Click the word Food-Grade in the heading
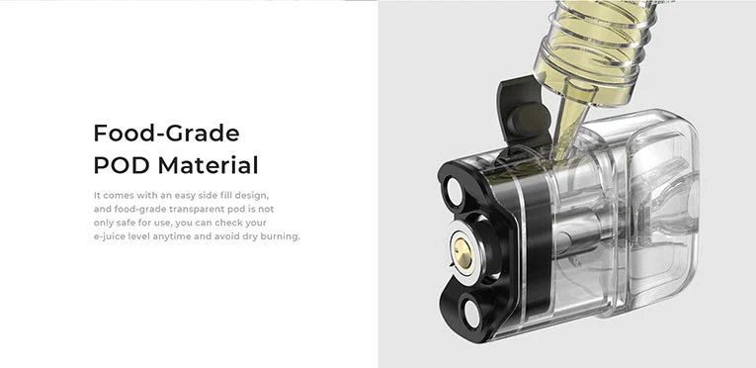coord(166,133)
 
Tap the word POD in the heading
coord(122,165)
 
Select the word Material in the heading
coord(208,165)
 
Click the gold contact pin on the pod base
coord(462,253)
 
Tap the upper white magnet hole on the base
coord(455,191)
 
